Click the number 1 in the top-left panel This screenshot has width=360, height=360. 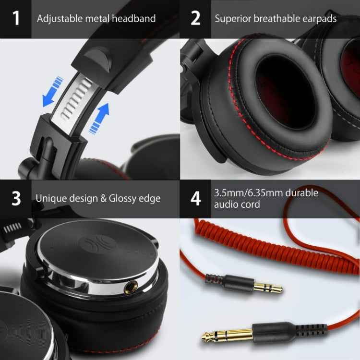coord(16,19)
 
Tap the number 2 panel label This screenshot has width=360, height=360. coord(195,19)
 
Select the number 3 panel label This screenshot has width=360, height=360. coord(16,198)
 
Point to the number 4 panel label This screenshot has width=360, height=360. coord(195,198)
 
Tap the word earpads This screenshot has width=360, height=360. coord(319,19)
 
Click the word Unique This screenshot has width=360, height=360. coord(51,198)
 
